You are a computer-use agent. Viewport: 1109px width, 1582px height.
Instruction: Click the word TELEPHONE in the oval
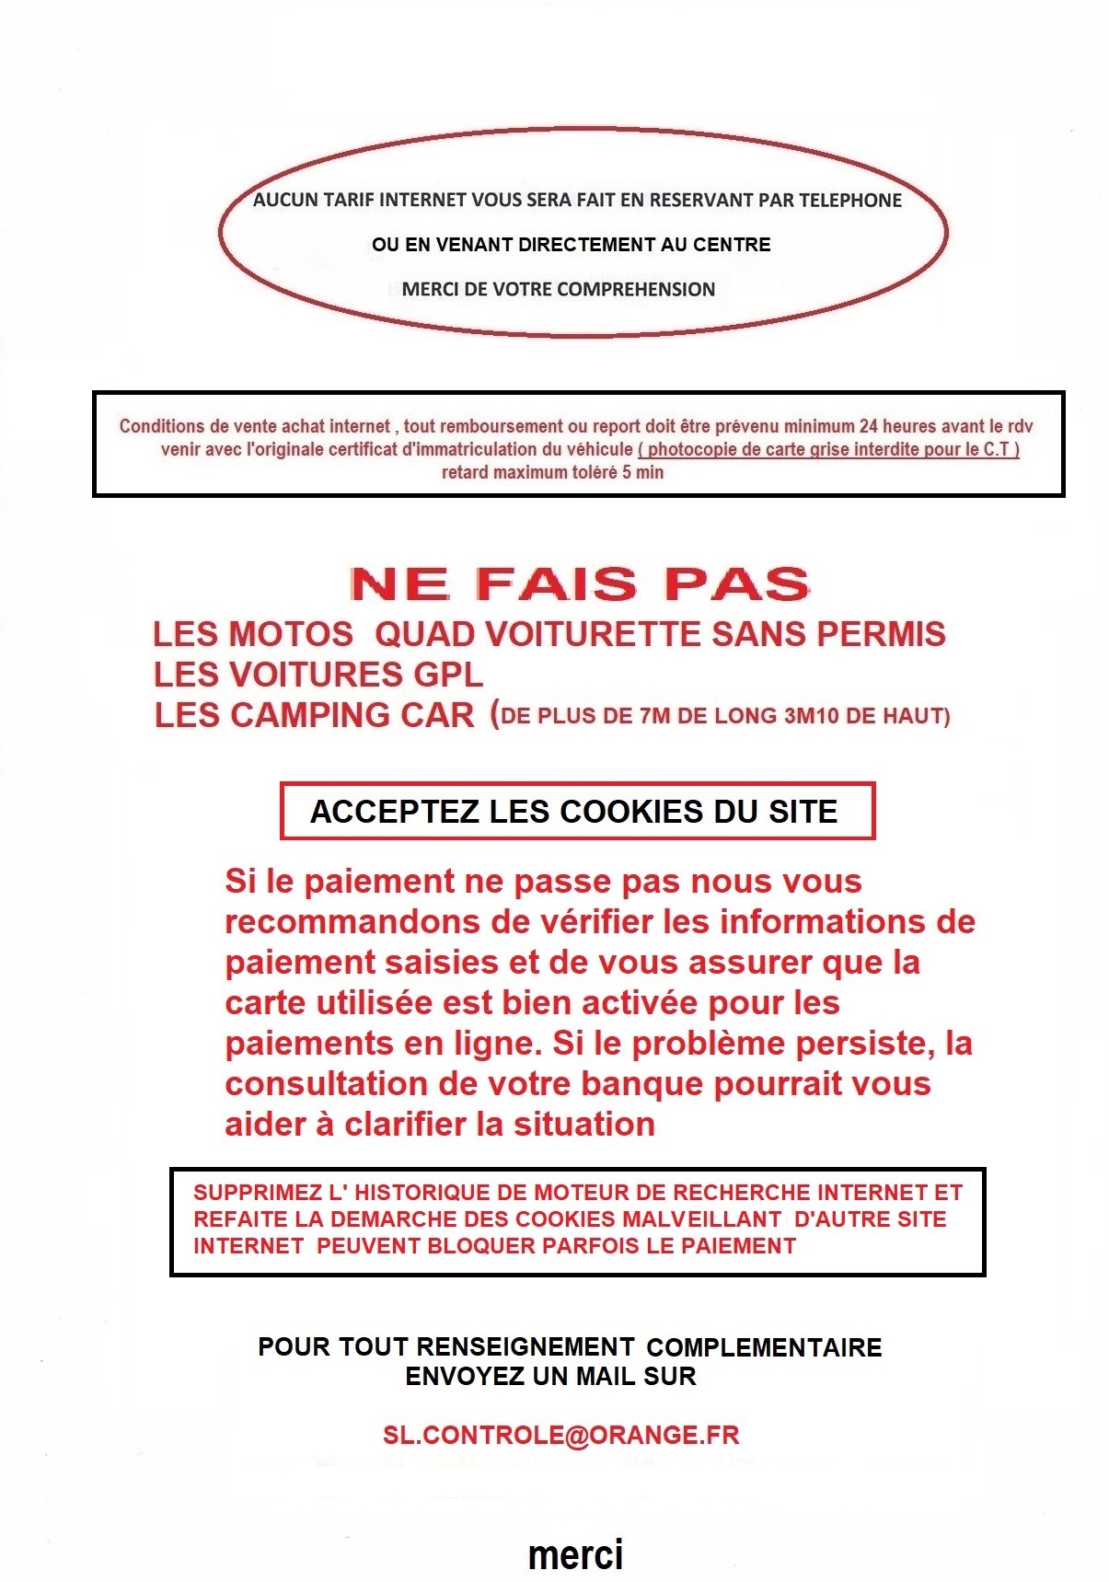coord(849,201)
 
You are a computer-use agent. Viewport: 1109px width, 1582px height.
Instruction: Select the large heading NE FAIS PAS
coord(580,584)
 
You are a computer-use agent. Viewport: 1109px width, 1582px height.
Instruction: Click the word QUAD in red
coord(425,634)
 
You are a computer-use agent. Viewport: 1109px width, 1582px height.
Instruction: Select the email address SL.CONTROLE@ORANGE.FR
coord(560,1435)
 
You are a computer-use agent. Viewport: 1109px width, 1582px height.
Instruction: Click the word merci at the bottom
coord(575,1554)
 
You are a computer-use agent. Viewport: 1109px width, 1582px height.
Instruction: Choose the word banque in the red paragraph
coord(643,1084)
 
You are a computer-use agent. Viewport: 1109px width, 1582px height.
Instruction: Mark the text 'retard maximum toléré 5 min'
coord(552,473)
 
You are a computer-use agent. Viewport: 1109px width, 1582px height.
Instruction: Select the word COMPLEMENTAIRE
coord(764,1347)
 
